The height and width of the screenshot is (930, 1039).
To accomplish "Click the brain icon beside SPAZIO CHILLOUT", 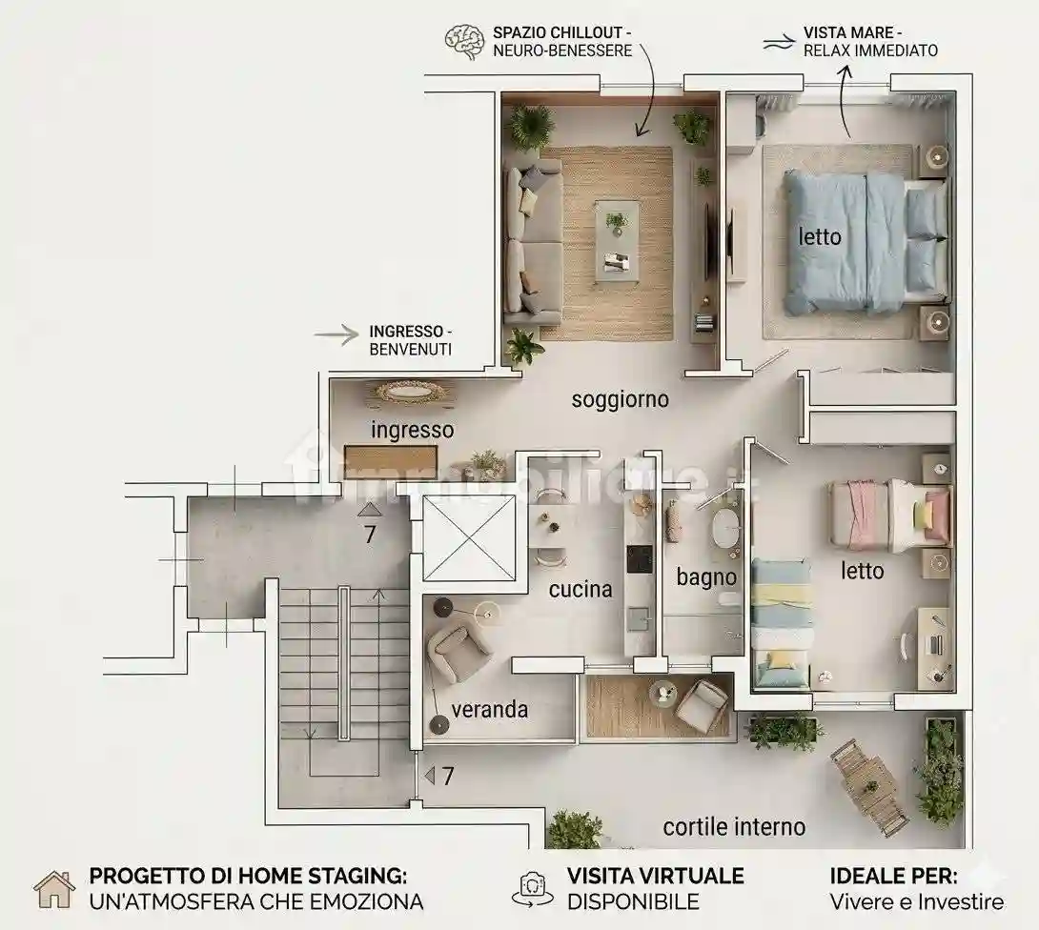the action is pos(464,42).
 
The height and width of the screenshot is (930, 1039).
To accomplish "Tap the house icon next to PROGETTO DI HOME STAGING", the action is pos(54,889).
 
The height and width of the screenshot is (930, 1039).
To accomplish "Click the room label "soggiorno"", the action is pos(621,399).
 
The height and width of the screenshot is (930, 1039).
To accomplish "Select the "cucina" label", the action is pos(581,590).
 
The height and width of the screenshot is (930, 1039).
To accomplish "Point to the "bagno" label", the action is pos(706,576).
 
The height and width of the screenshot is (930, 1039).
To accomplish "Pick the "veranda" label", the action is pos(490,710).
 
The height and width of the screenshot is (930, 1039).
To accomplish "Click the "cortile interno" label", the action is pos(734,827).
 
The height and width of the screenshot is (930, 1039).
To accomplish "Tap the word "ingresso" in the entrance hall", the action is pos(412,430).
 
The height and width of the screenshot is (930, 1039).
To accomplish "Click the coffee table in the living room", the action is pos(617,241).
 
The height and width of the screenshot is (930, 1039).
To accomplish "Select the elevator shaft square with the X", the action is pos(468,537).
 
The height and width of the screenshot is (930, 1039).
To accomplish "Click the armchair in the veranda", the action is pos(458,648).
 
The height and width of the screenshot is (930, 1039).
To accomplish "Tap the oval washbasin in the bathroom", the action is pos(725,527).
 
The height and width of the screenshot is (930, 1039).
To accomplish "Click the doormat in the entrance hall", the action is pos(391,462).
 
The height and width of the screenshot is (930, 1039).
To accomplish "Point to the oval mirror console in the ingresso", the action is pos(410,393).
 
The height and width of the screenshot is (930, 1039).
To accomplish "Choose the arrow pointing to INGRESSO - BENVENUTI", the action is pos(336,335).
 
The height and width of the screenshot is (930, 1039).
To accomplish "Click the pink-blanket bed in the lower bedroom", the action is pos(889,516).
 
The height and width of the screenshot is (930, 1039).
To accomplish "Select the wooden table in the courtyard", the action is pos(869,786).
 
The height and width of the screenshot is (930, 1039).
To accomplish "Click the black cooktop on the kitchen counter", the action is pos(640,559).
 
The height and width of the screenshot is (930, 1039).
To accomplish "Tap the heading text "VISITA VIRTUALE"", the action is pos(656,877).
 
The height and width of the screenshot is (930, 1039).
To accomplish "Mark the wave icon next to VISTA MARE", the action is pos(778,43).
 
